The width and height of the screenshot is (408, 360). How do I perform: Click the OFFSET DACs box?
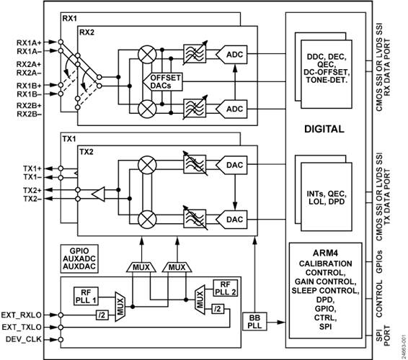pyautogui.click(x=165, y=81)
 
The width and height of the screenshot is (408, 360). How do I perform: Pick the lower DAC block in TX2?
pyautogui.click(x=234, y=219)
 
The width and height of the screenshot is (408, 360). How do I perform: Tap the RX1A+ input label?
pyautogui.click(x=28, y=42)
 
